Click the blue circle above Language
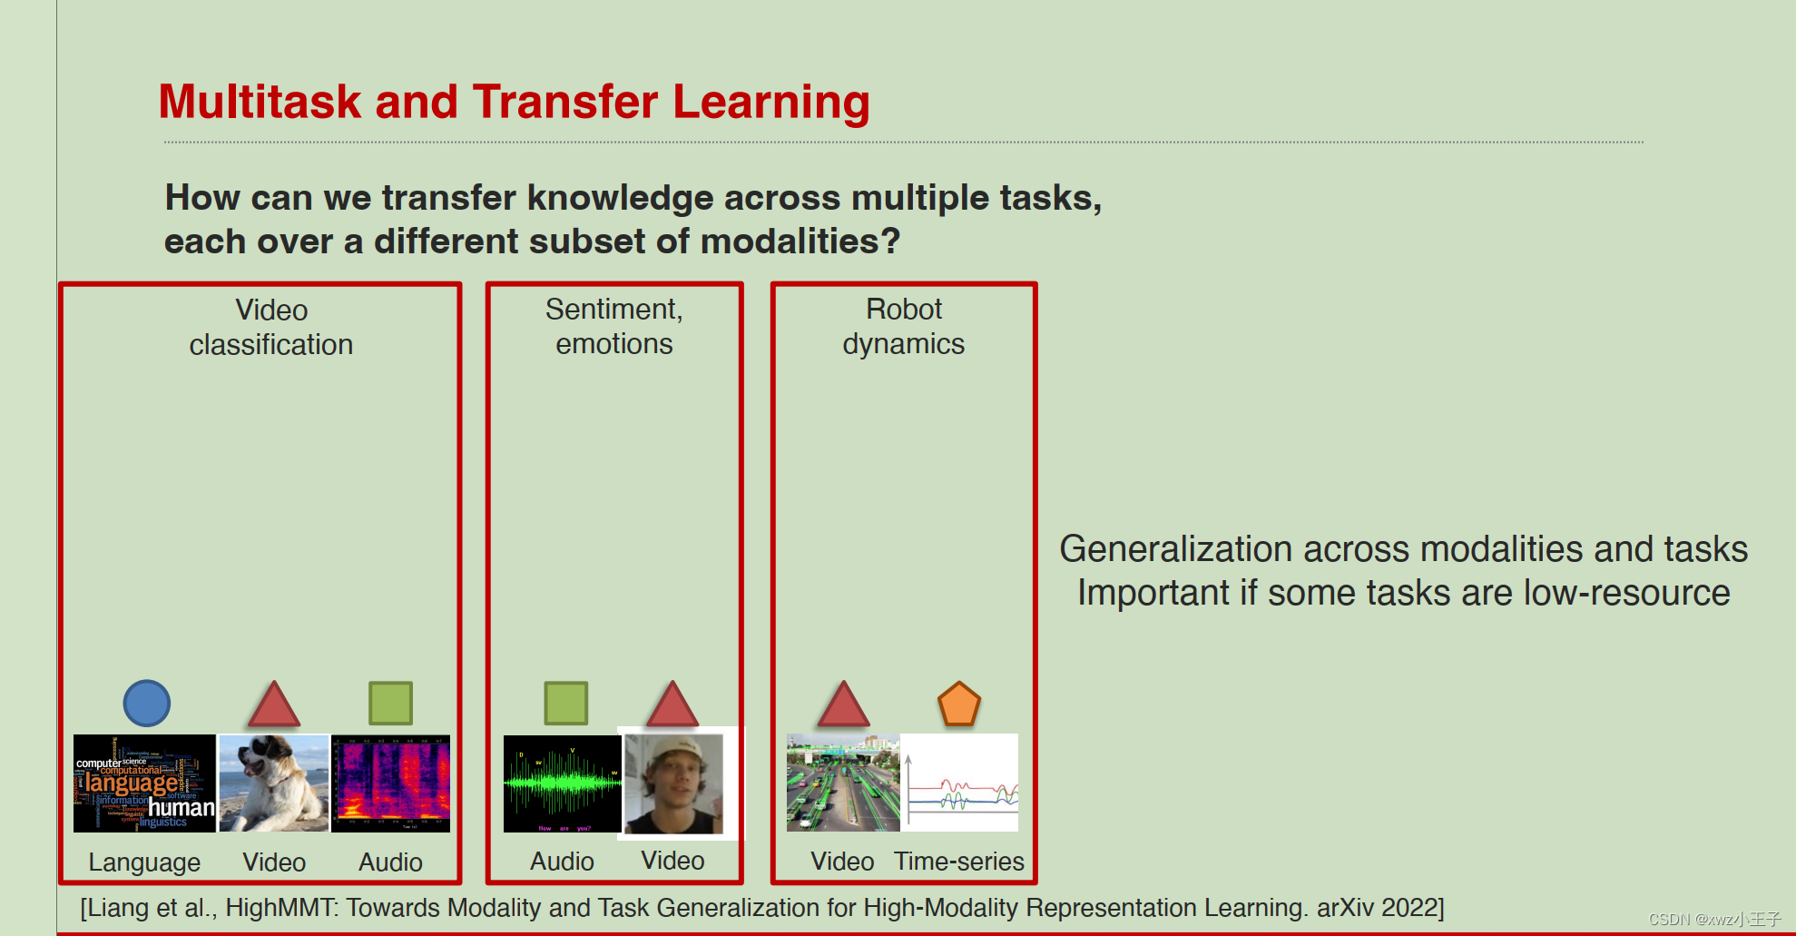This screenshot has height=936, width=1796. tap(146, 703)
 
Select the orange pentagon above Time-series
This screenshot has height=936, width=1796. tap(958, 704)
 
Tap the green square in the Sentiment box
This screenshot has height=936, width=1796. tap(565, 703)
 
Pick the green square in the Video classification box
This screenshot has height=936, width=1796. tap(390, 703)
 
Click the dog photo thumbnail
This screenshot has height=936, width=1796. tap(273, 783)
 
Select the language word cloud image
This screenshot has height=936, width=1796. tap(144, 783)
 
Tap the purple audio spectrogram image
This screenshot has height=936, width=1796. tap(391, 783)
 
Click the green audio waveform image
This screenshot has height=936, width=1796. tap(562, 783)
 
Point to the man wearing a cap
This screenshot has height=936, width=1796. tap(674, 783)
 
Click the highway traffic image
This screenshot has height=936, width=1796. tap(843, 783)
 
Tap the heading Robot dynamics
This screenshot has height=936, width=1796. tap(903, 327)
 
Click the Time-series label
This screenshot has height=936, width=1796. tap(958, 862)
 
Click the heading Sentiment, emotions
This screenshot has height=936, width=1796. tap(613, 327)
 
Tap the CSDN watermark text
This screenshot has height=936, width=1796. tap(1713, 920)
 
